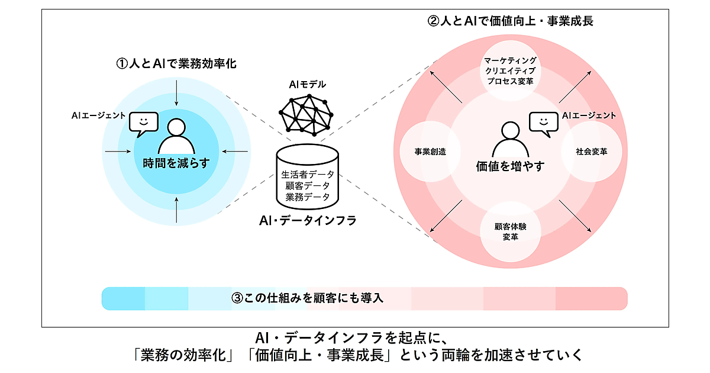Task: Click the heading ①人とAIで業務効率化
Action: [x=176, y=63]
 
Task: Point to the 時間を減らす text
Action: [x=176, y=163]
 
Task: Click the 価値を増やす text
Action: [x=509, y=166]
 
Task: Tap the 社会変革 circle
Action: [x=590, y=151]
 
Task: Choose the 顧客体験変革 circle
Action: [x=510, y=231]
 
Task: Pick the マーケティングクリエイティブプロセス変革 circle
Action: [x=510, y=71]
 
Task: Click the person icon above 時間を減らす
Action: [x=177, y=137]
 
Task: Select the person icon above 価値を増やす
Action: [x=509, y=140]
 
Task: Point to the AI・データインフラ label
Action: [x=308, y=220]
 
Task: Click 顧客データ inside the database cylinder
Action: [x=308, y=186]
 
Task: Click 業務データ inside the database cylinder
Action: [x=308, y=197]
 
